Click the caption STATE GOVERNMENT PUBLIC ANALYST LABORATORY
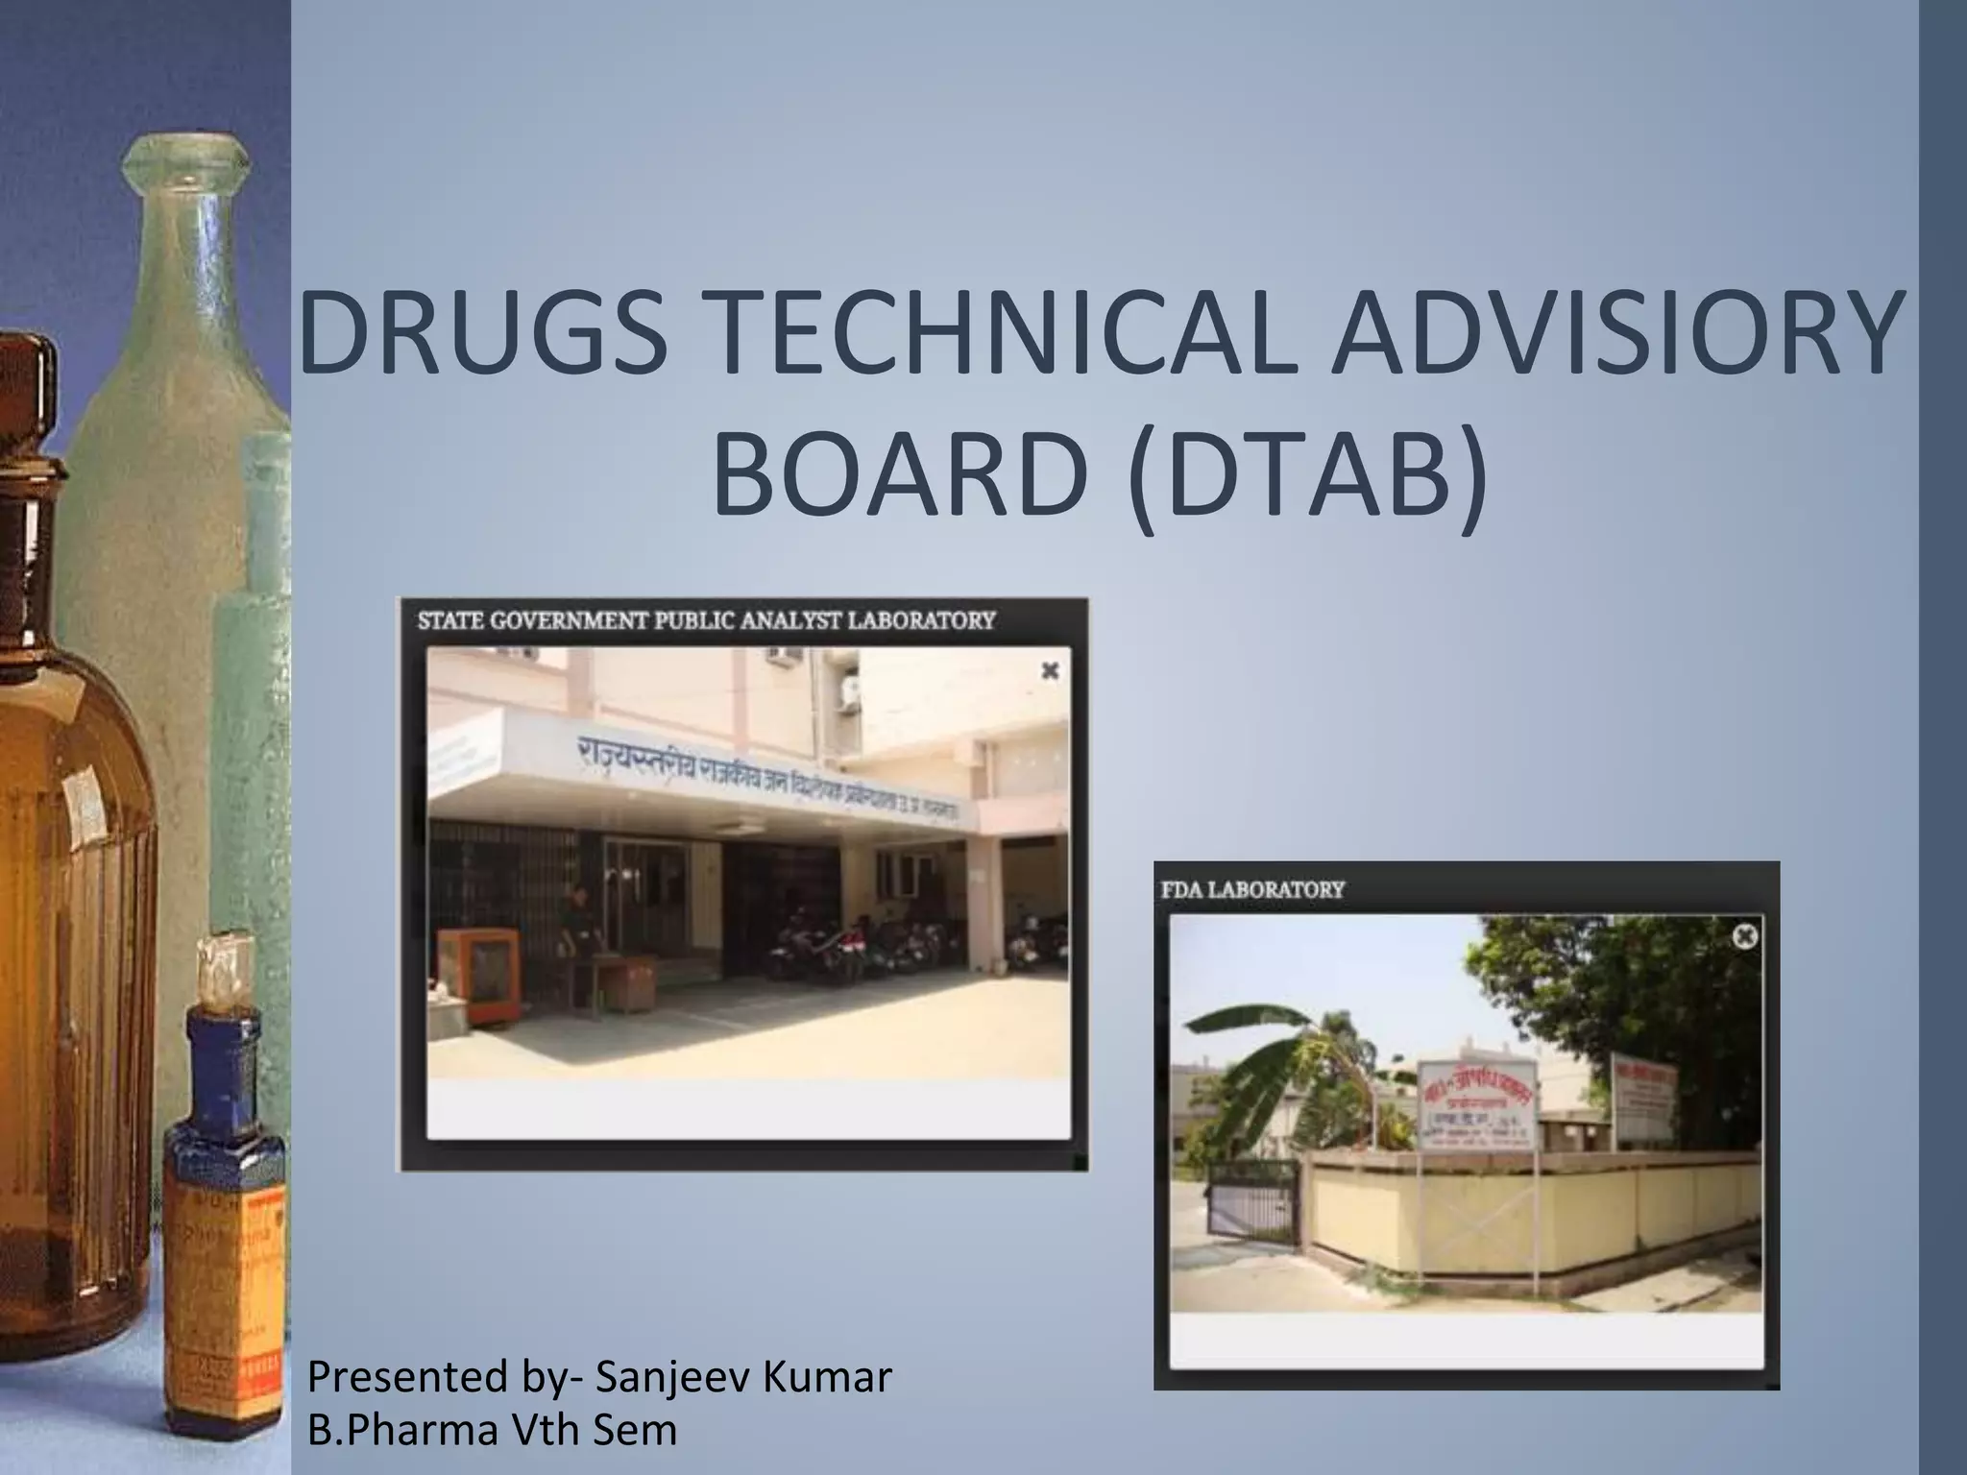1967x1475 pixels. (706, 620)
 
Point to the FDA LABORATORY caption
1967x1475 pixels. (1252, 889)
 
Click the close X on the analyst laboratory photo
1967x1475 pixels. (1050, 671)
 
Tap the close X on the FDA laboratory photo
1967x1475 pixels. (1745, 934)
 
